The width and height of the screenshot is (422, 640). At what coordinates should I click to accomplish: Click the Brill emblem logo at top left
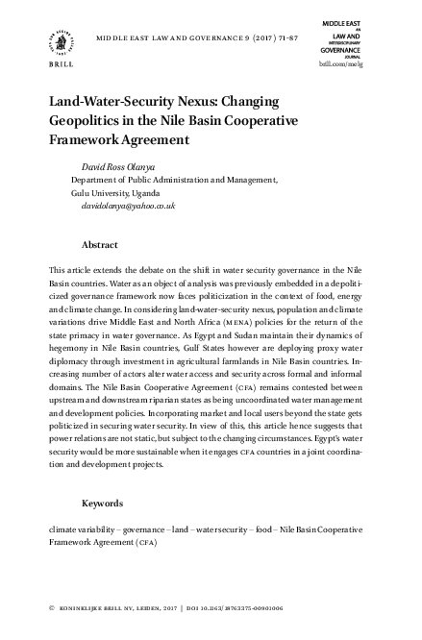[x=61, y=42]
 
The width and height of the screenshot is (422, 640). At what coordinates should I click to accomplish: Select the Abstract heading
[x=100, y=245]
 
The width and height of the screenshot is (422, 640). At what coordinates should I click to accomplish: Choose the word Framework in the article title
[x=87, y=141]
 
